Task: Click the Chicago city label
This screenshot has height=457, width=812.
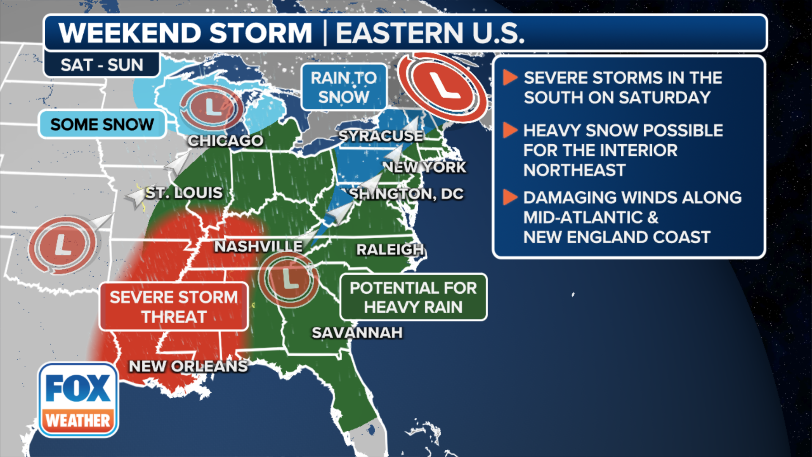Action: coord(225,140)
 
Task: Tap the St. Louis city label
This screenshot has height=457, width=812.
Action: coord(184,193)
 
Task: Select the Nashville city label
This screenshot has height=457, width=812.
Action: coord(258,246)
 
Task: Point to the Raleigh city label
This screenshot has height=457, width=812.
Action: coord(390,250)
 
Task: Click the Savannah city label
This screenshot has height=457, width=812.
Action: coord(357,333)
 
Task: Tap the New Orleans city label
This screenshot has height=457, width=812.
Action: coord(188,366)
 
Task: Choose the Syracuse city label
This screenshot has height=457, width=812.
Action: coord(381,136)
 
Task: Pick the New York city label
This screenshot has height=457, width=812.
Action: coord(424,167)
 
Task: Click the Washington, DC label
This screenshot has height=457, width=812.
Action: coord(405,194)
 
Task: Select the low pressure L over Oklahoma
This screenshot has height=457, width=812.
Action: coord(63,245)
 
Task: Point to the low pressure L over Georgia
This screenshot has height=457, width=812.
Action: coord(289,279)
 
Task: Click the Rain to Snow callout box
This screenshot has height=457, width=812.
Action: coord(344,87)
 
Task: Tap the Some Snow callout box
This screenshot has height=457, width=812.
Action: coord(102,124)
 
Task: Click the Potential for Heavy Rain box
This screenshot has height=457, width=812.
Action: coord(413,297)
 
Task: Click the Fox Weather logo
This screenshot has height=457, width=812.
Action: coord(78,400)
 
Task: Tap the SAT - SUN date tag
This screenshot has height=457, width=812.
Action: coord(102,65)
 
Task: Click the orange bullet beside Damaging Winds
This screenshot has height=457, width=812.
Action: coord(510,197)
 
